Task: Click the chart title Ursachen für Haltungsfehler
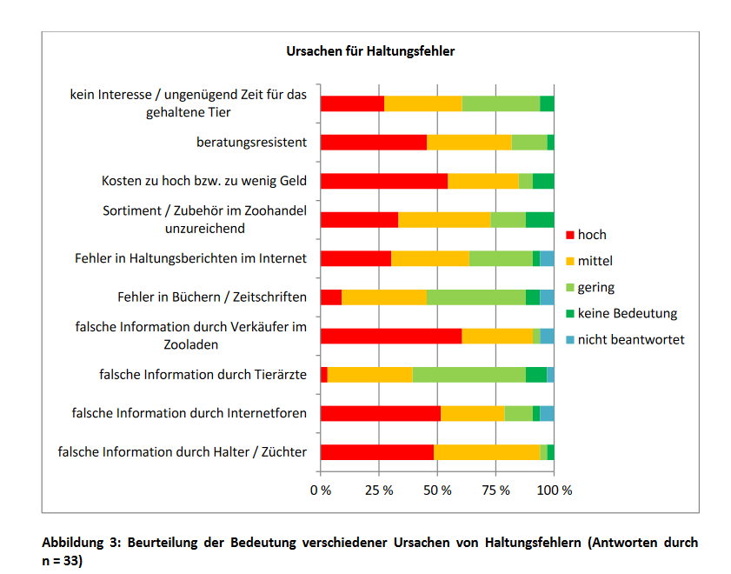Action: tap(370, 51)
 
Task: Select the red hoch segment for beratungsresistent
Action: tap(374, 143)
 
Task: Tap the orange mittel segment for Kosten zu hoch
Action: tap(482, 181)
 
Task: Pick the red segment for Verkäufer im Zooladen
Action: tap(391, 336)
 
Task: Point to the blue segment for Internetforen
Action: tap(547, 413)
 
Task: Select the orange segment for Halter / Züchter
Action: tap(487, 451)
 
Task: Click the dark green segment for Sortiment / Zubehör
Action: tap(540, 219)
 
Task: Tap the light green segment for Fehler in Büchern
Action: tap(476, 297)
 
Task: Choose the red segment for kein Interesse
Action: tap(352, 103)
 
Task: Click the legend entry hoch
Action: tap(591, 235)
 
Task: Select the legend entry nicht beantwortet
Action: tap(630, 339)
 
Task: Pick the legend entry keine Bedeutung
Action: tap(627, 313)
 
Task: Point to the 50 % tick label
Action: tap(437, 491)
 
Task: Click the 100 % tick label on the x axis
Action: tap(554, 491)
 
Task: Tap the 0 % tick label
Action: tap(321, 491)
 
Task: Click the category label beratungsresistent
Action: tap(251, 143)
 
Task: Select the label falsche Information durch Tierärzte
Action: tap(203, 375)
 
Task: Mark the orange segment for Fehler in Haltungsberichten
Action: tap(430, 258)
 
